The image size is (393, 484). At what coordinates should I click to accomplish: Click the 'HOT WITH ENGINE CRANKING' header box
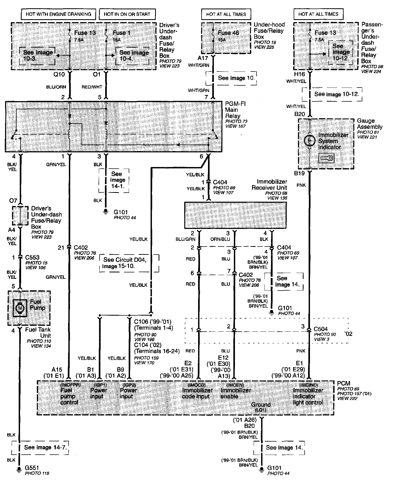(58, 14)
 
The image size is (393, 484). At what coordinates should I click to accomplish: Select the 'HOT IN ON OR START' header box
(127, 14)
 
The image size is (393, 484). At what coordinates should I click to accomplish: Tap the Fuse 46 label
(228, 33)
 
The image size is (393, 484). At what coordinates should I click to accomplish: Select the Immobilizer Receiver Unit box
(235, 215)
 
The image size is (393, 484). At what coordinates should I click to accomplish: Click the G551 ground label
(32, 468)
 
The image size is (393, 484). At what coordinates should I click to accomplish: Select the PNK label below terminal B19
(301, 185)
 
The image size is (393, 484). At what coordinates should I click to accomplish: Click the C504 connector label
(321, 329)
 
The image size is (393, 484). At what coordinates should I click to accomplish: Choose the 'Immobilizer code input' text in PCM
(197, 393)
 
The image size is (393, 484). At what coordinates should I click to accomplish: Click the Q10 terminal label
(59, 74)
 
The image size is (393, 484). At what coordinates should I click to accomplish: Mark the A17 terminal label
(203, 58)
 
